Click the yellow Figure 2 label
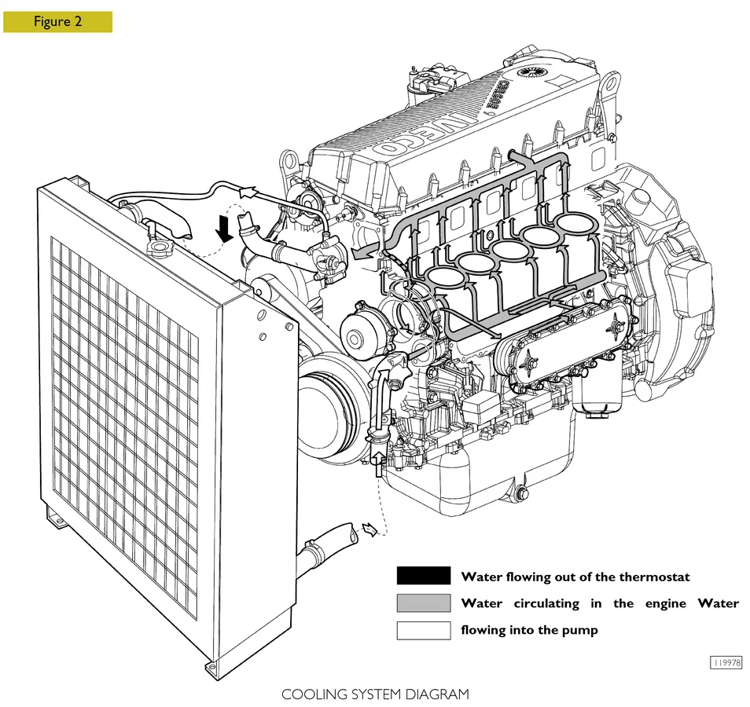[57, 22]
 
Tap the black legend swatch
[424, 577]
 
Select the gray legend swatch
[424, 603]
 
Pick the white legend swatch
[424, 630]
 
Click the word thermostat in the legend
[654, 577]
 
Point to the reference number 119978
[726, 663]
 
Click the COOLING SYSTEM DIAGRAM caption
[375, 694]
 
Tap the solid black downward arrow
[225, 228]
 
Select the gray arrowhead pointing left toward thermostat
[359, 254]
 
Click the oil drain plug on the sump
[520, 495]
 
